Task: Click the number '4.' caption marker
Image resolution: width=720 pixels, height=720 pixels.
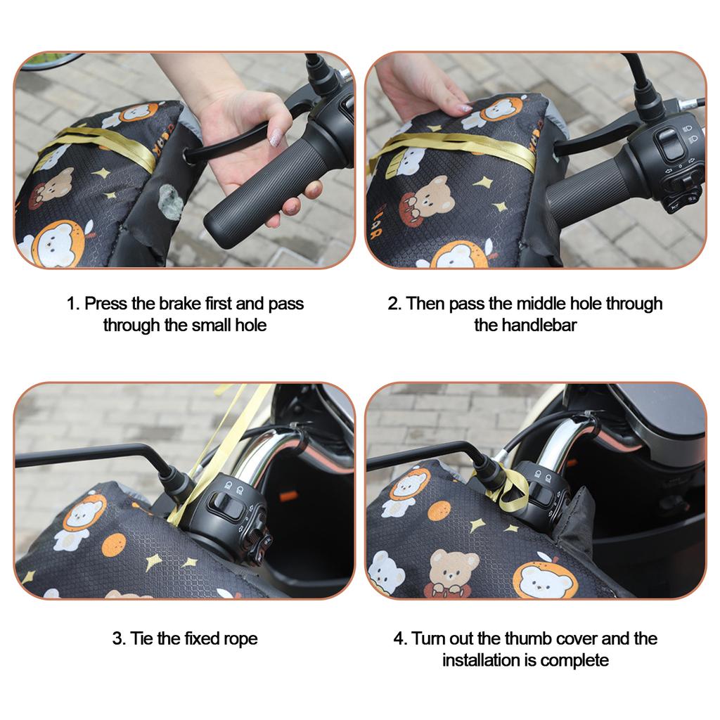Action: click(400, 639)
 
